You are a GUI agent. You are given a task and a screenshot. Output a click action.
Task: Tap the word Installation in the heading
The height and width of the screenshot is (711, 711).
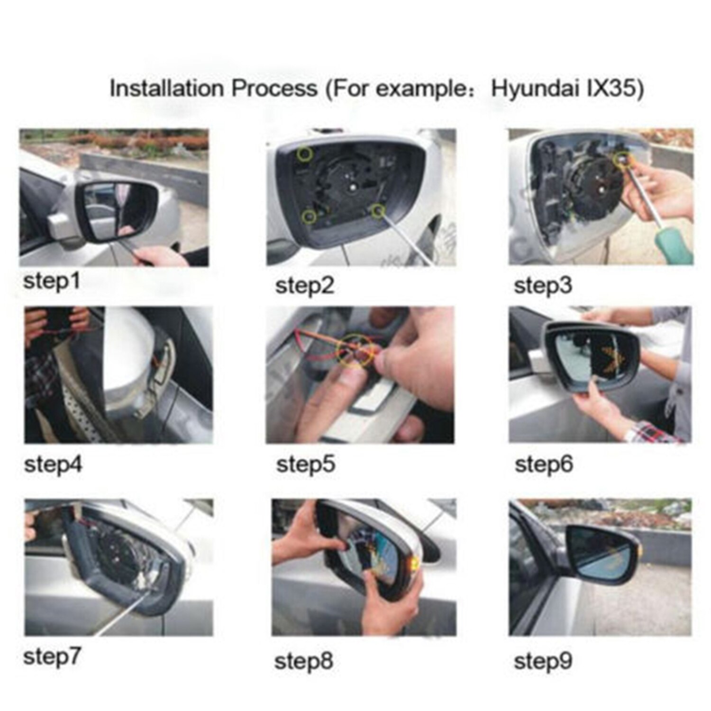[166, 89]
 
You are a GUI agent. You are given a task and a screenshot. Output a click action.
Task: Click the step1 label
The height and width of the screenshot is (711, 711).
[51, 282]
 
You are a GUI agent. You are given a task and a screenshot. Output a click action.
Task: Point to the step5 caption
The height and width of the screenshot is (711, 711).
[305, 464]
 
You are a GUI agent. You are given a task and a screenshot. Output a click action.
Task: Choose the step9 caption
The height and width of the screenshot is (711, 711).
[543, 661]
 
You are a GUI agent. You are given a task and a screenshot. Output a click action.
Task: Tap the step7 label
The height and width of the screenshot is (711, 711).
[52, 656]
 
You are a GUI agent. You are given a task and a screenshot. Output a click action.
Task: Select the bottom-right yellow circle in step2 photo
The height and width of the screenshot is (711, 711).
[378, 210]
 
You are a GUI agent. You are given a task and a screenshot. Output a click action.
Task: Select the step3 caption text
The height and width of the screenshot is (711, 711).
[543, 285]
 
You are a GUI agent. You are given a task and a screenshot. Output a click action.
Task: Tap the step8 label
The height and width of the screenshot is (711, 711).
[303, 661]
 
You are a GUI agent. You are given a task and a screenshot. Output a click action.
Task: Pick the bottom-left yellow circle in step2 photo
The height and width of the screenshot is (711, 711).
[309, 217]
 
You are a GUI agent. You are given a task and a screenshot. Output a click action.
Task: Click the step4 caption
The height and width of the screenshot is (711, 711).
[53, 464]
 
